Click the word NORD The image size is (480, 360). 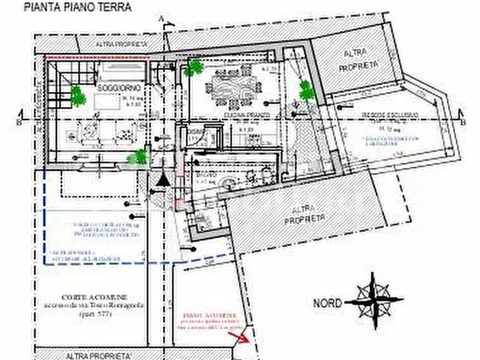pos(327,304)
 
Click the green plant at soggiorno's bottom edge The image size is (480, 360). pos(138,157)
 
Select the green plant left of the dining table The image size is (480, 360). pos(194,68)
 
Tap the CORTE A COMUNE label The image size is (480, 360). pos(95,298)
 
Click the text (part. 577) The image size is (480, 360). pos(95,313)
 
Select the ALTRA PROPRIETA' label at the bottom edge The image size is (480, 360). pos(98,355)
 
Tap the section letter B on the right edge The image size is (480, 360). pos(462,113)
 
